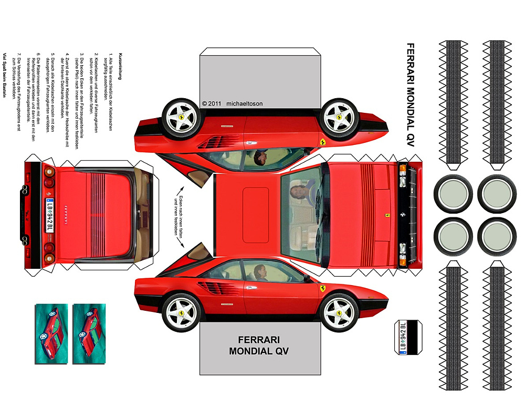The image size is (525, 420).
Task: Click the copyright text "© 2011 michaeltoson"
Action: pos(233,104)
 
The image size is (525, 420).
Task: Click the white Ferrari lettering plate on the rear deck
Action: pos(64,213)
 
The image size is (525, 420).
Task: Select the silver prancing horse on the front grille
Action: pos(399,214)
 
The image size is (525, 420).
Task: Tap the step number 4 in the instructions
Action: pos(67,54)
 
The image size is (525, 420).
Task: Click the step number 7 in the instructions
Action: pos(18,54)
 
